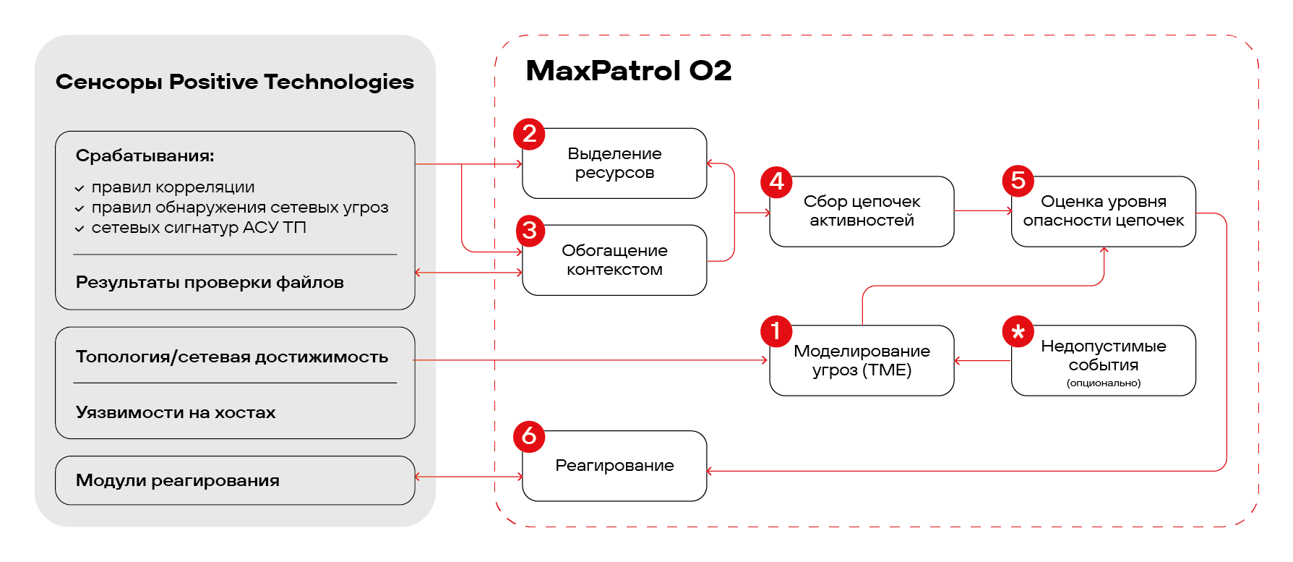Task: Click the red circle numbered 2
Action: [529, 134]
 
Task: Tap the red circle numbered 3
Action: [530, 231]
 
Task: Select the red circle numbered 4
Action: [776, 182]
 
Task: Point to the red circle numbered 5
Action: [1018, 181]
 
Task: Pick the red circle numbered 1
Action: [776, 331]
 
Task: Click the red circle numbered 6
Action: [529, 436]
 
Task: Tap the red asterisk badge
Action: [1018, 331]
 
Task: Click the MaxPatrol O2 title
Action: [629, 71]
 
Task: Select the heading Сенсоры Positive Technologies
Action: [235, 82]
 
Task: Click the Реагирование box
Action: [614, 466]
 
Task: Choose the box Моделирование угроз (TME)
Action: [862, 360]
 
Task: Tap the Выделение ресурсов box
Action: [614, 163]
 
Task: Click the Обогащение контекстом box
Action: [614, 260]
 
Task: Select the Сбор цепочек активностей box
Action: [862, 211]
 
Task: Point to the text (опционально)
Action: [1104, 383]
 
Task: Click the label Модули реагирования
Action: [178, 480]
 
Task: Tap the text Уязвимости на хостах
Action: [176, 412]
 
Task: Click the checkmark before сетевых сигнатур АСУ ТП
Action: [80, 229]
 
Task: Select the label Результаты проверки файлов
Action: [210, 282]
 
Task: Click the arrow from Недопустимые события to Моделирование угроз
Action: [983, 360]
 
